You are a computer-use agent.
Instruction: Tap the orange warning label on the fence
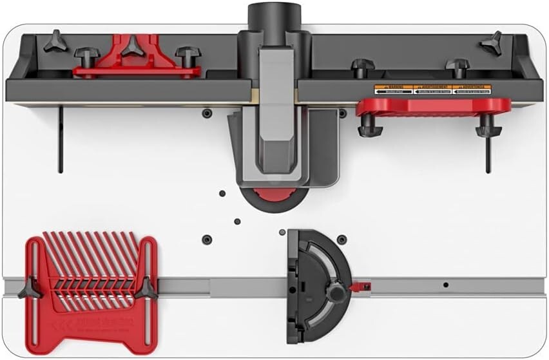click(x=433, y=90)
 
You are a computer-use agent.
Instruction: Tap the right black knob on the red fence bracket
click(x=188, y=55)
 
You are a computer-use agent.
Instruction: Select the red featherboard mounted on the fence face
click(x=433, y=107)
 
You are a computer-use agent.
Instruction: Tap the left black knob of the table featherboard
click(x=31, y=289)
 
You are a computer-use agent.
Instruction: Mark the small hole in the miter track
click(x=445, y=284)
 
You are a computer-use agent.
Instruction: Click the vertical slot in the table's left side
click(x=61, y=139)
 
